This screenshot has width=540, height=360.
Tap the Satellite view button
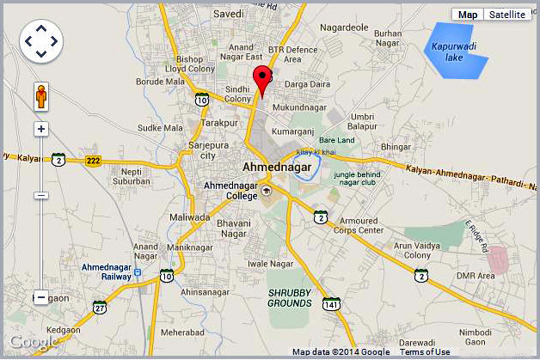tap(507, 15)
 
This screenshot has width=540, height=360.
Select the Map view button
tap(467, 15)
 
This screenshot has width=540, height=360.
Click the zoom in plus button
tap(40, 129)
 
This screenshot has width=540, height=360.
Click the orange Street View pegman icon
tap(40, 97)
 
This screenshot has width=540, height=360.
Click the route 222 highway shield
tap(93, 161)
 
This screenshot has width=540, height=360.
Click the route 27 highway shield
tap(101, 308)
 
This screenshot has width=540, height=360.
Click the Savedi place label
tap(229, 15)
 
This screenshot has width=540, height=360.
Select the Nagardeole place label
tap(344, 28)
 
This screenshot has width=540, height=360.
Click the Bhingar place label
tap(396, 147)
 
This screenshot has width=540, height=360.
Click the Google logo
tap(34, 343)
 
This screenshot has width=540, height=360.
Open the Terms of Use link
tap(425, 352)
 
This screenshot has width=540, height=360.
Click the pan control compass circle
tap(40, 40)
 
